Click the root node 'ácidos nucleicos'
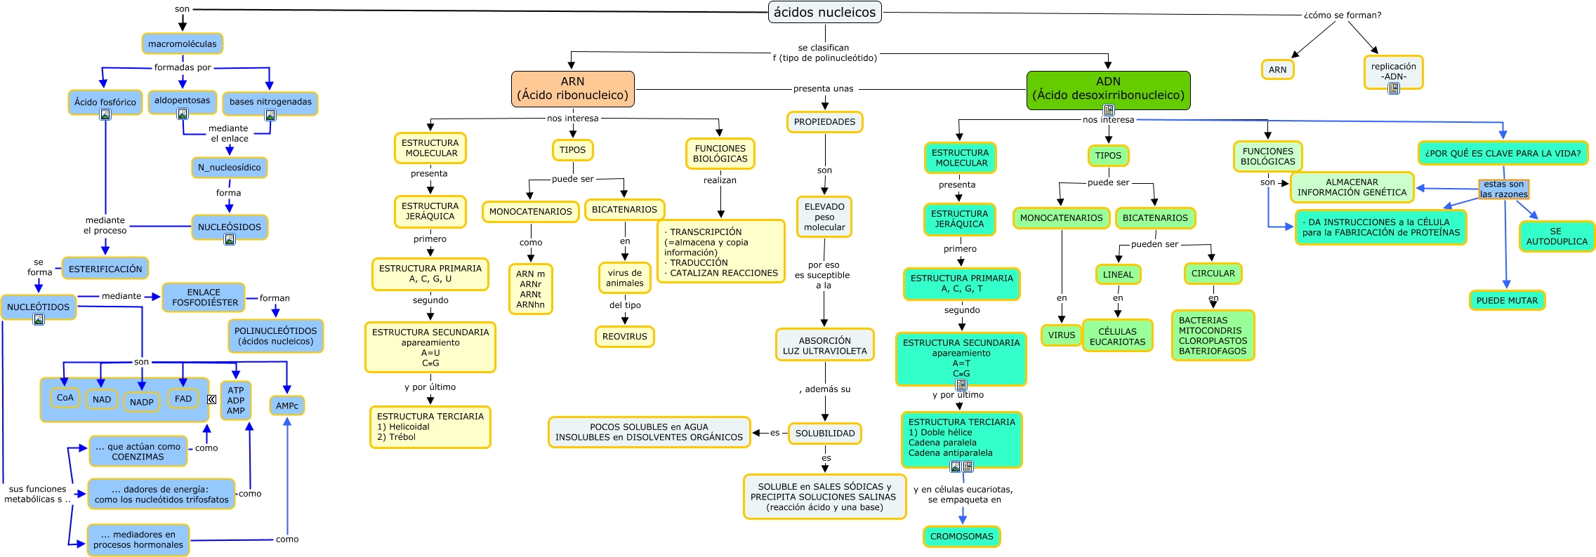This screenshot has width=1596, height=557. click(x=824, y=12)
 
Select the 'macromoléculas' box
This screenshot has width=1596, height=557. click(x=183, y=43)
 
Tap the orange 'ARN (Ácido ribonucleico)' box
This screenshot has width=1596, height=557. click(x=572, y=88)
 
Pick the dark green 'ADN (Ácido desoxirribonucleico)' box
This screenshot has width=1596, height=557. click(x=1108, y=88)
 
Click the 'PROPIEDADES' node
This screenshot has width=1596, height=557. click(x=824, y=121)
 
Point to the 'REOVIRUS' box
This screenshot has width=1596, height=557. click(x=624, y=336)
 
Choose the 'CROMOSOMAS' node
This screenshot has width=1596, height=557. click(x=961, y=536)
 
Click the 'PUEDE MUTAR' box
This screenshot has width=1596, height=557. click(x=1507, y=300)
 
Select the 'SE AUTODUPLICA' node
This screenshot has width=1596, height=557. click(x=1556, y=236)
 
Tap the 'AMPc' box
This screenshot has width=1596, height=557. click(x=286, y=405)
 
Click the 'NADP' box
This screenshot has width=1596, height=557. click(x=141, y=402)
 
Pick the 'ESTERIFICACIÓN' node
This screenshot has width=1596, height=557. click(x=105, y=269)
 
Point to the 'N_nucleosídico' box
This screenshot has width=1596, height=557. click(x=229, y=168)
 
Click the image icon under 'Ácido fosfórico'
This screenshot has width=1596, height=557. click(x=105, y=114)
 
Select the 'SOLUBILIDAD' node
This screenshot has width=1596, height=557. click(x=824, y=433)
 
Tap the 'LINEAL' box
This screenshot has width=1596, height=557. click(x=1118, y=274)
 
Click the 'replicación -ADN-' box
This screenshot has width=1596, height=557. click(x=1393, y=72)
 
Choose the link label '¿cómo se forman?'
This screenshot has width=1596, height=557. click(x=1342, y=15)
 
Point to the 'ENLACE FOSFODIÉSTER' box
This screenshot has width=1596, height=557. click(x=204, y=297)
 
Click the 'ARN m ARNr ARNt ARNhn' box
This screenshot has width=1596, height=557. click(x=530, y=289)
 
